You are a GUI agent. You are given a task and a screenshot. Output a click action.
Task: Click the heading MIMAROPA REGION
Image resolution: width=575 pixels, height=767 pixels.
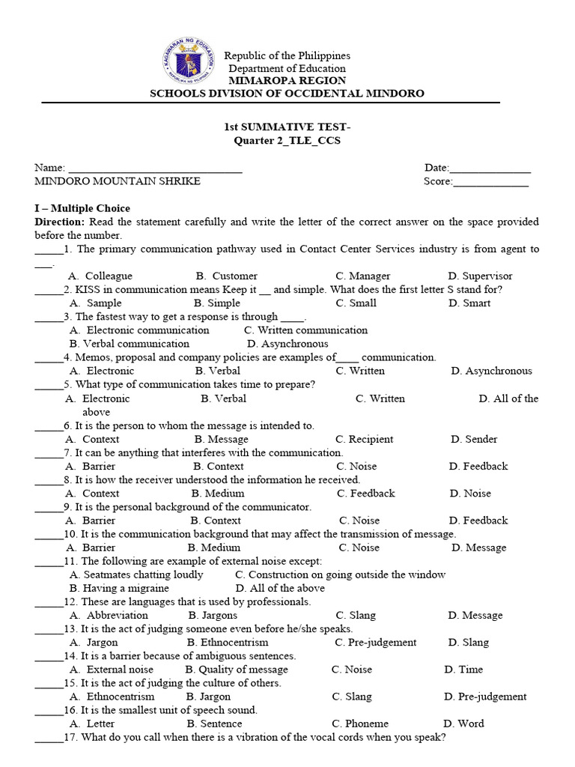click(287, 81)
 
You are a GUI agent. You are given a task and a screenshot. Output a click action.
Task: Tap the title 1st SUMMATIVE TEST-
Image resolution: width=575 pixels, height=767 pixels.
click(287, 128)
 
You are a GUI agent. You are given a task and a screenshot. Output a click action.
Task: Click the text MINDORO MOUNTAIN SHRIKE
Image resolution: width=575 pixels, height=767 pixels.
click(118, 181)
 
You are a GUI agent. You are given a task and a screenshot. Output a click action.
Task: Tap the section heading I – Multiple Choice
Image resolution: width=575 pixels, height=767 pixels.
click(82, 208)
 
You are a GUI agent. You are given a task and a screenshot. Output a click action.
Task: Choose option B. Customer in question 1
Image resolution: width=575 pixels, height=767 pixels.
click(226, 276)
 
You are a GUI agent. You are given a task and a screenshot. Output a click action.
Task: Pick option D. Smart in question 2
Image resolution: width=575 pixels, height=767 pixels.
click(469, 303)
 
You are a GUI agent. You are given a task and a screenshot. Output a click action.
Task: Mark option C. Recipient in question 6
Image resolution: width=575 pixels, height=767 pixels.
click(364, 439)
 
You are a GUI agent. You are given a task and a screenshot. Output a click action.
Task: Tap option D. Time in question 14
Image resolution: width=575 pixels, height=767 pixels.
click(463, 669)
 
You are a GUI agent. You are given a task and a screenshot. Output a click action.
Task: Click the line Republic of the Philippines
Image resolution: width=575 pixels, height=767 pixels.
click(287, 56)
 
